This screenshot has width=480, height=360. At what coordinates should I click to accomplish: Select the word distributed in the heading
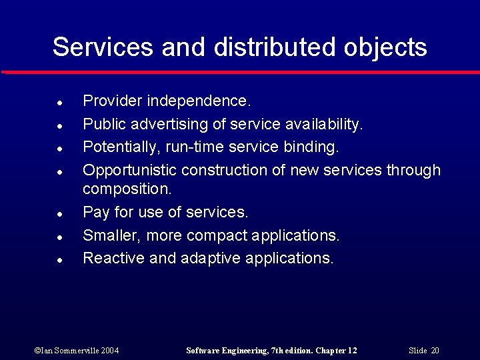pyautogui.click(x=276, y=47)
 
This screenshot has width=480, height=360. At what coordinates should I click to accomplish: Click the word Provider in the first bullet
pyautogui.click(x=112, y=101)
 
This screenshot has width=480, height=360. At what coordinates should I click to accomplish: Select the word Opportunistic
pyautogui.click(x=129, y=171)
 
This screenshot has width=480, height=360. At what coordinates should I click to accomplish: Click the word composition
pyautogui.click(x=127, y=189)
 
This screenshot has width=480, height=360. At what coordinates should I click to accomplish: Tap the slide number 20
pyautogui.click(x=435, y=351)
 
